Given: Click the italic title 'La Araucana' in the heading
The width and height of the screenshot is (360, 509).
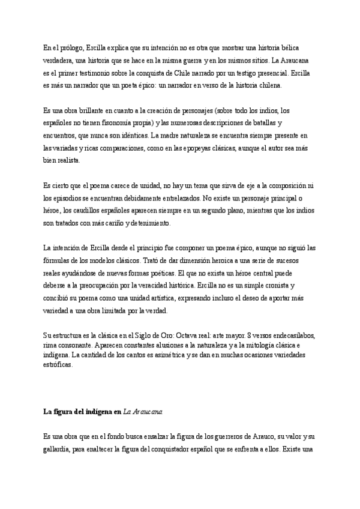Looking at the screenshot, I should click(x=142, y=412).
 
